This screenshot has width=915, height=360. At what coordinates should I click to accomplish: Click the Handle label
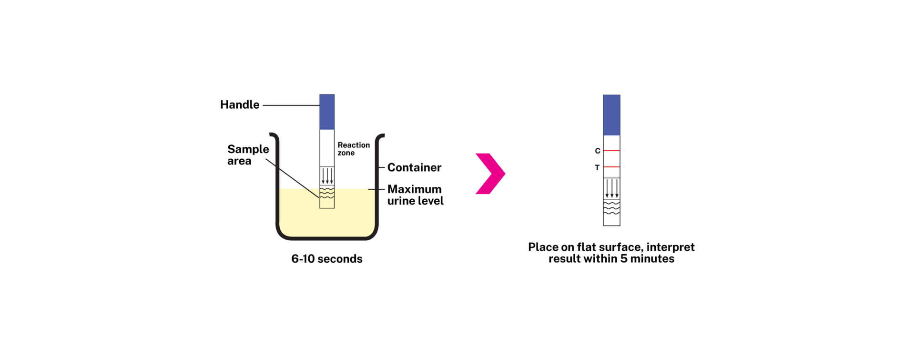(x=240, y=105)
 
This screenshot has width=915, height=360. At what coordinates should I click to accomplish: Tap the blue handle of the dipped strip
(x=327, y=112)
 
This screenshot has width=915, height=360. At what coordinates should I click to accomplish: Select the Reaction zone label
(x=354, y=149)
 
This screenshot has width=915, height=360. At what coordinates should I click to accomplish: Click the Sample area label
(x=248, y=155)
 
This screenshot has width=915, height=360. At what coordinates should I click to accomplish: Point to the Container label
(x=414, y=167)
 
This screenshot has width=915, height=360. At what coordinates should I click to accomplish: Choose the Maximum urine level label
(x=415, y=195)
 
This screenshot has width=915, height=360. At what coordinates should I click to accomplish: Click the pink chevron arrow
(x=490, y=174)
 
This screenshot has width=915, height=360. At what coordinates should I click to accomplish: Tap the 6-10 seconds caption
(x=327, y=259)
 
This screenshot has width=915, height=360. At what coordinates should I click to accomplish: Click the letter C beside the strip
(x=598, y=151)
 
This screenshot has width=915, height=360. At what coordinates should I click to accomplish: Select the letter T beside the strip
(x=597, y=168)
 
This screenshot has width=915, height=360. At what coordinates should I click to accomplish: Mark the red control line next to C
(x=611, y=151)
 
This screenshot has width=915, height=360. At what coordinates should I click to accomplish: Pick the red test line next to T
(x=611, y=167)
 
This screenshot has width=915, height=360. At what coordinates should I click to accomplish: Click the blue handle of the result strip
(x=611, y=115)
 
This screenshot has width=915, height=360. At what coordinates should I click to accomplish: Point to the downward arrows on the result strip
(x=612, y=189)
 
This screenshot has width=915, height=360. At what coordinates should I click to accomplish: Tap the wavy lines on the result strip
(x=612, y=207)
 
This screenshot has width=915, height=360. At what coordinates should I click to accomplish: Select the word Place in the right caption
(x=543, y=247)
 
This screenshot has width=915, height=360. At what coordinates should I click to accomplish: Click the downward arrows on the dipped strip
(x=327, y=176)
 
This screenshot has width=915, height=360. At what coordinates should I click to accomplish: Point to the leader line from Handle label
(x=291, y=105)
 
